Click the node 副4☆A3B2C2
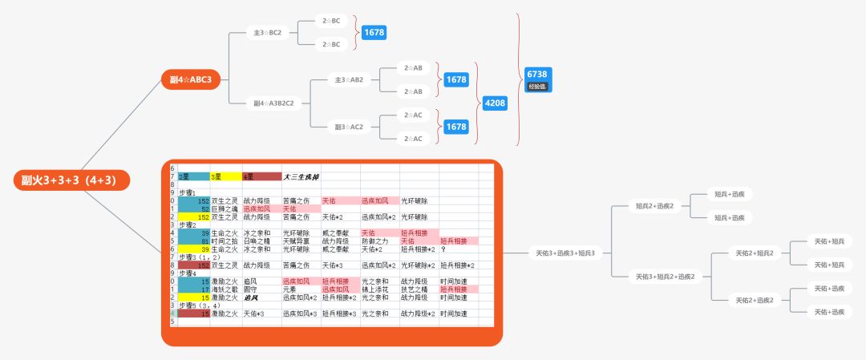pos(273,103)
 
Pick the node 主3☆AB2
pos(349,80)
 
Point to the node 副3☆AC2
pos(349,127)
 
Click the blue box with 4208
pos(495,103)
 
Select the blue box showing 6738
pos(537,74)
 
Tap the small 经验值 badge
pos(537,86)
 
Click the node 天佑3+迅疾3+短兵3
pos(565,253)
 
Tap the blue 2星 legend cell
pos(192,176)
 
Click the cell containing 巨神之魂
pos(225,208)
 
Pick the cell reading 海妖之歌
pos(225,289)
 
